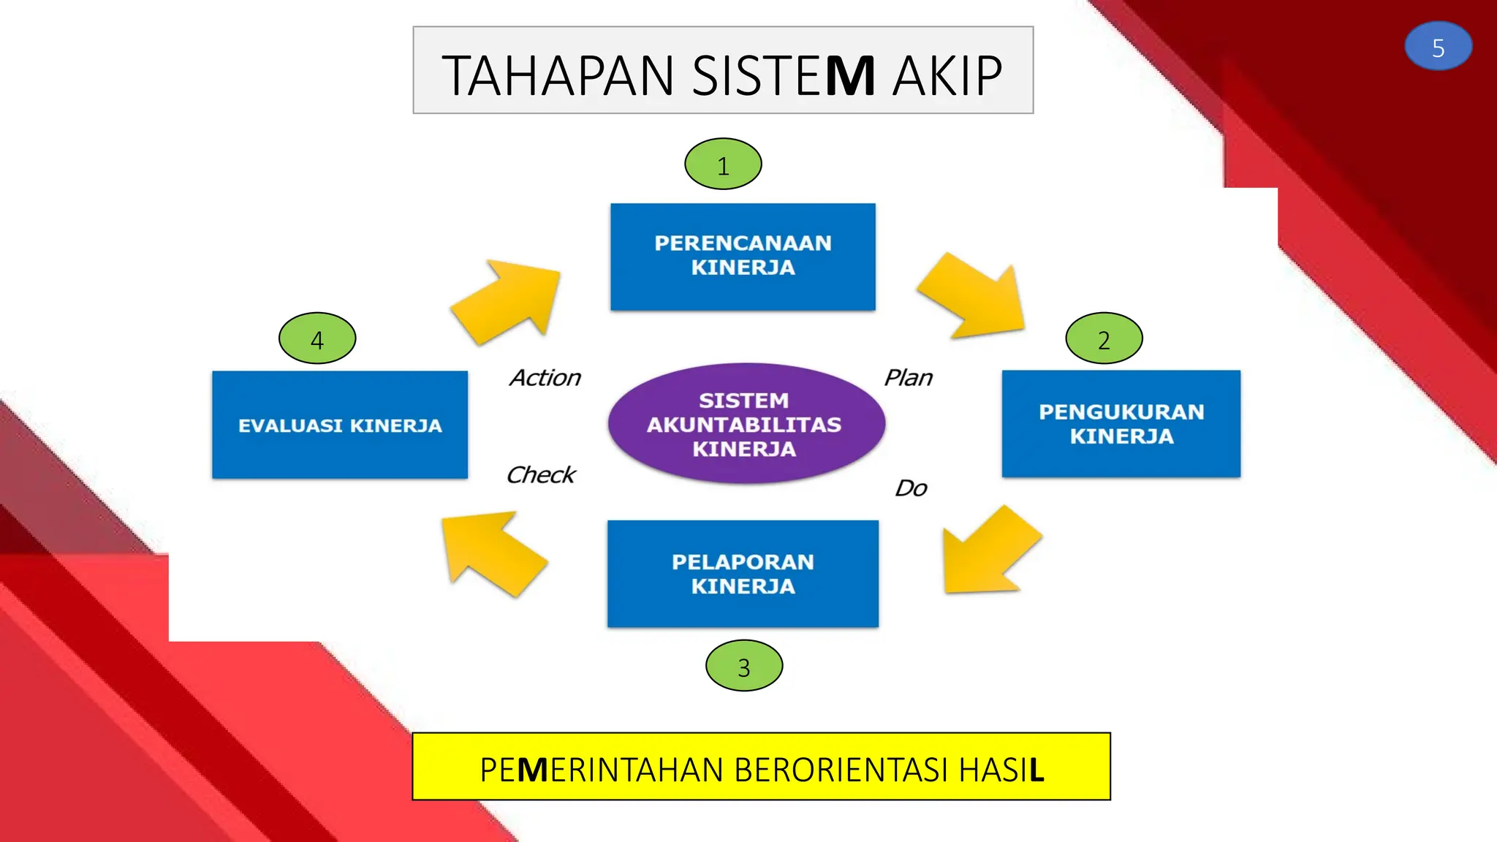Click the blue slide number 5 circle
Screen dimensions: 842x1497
pyautogui.click(x=1438, y=46)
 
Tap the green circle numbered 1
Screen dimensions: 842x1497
pyautogui.click(x=723, y=164)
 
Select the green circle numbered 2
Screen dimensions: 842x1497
pyautogui.click(x=1104, y=338)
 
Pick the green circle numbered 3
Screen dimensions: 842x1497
pyautogui.click(x=744, y=666)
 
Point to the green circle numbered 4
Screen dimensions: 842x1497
pyautogui.click(x=317, y=338)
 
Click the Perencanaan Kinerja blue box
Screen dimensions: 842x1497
pyautogui.click(x=743, y=257)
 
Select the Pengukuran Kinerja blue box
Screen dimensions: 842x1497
pyautogui.click(x=1121, y=424)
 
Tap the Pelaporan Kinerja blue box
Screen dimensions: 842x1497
pyautogui.click(x=743, y=574)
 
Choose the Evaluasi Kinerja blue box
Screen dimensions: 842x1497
pyautogui.click(x=340, y=425)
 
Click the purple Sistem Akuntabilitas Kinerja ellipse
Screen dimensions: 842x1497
pyautogui.click(x=746, y=424)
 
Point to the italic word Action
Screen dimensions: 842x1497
pyautogui.click(x=545, y=378)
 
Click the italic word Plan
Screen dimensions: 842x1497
pyautogui.click(x=909, y=378)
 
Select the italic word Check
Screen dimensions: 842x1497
pyautogui.click(x=541, y=475)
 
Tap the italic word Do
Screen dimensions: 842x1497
pyautogui.click(x=911, y=488)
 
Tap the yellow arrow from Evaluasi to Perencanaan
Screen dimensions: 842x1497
pyautogui.click(x=509, y=300)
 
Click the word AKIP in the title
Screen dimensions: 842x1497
pyautogui.click(x=947, y=75)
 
